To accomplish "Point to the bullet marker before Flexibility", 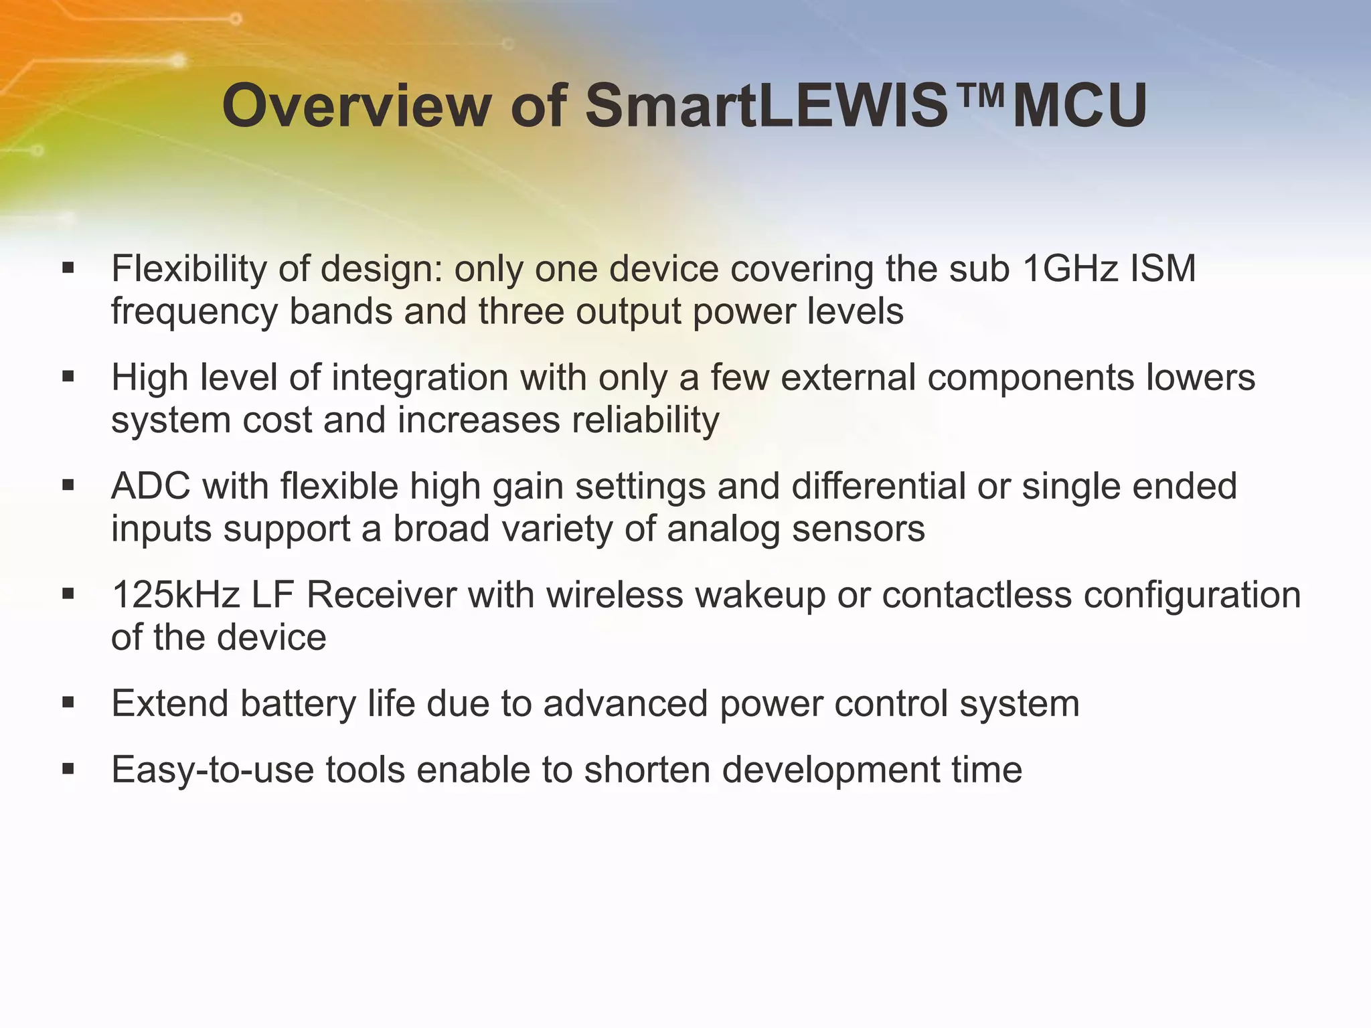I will click(x=68, y=269).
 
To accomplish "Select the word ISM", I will click(x=1163, y=269).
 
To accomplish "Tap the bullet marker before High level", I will click(x=68, y=377).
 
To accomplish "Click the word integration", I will click(x=420, y=377).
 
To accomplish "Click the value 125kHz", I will click(x=175, y=594).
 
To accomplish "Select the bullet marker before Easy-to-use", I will click(x=68, y=770).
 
